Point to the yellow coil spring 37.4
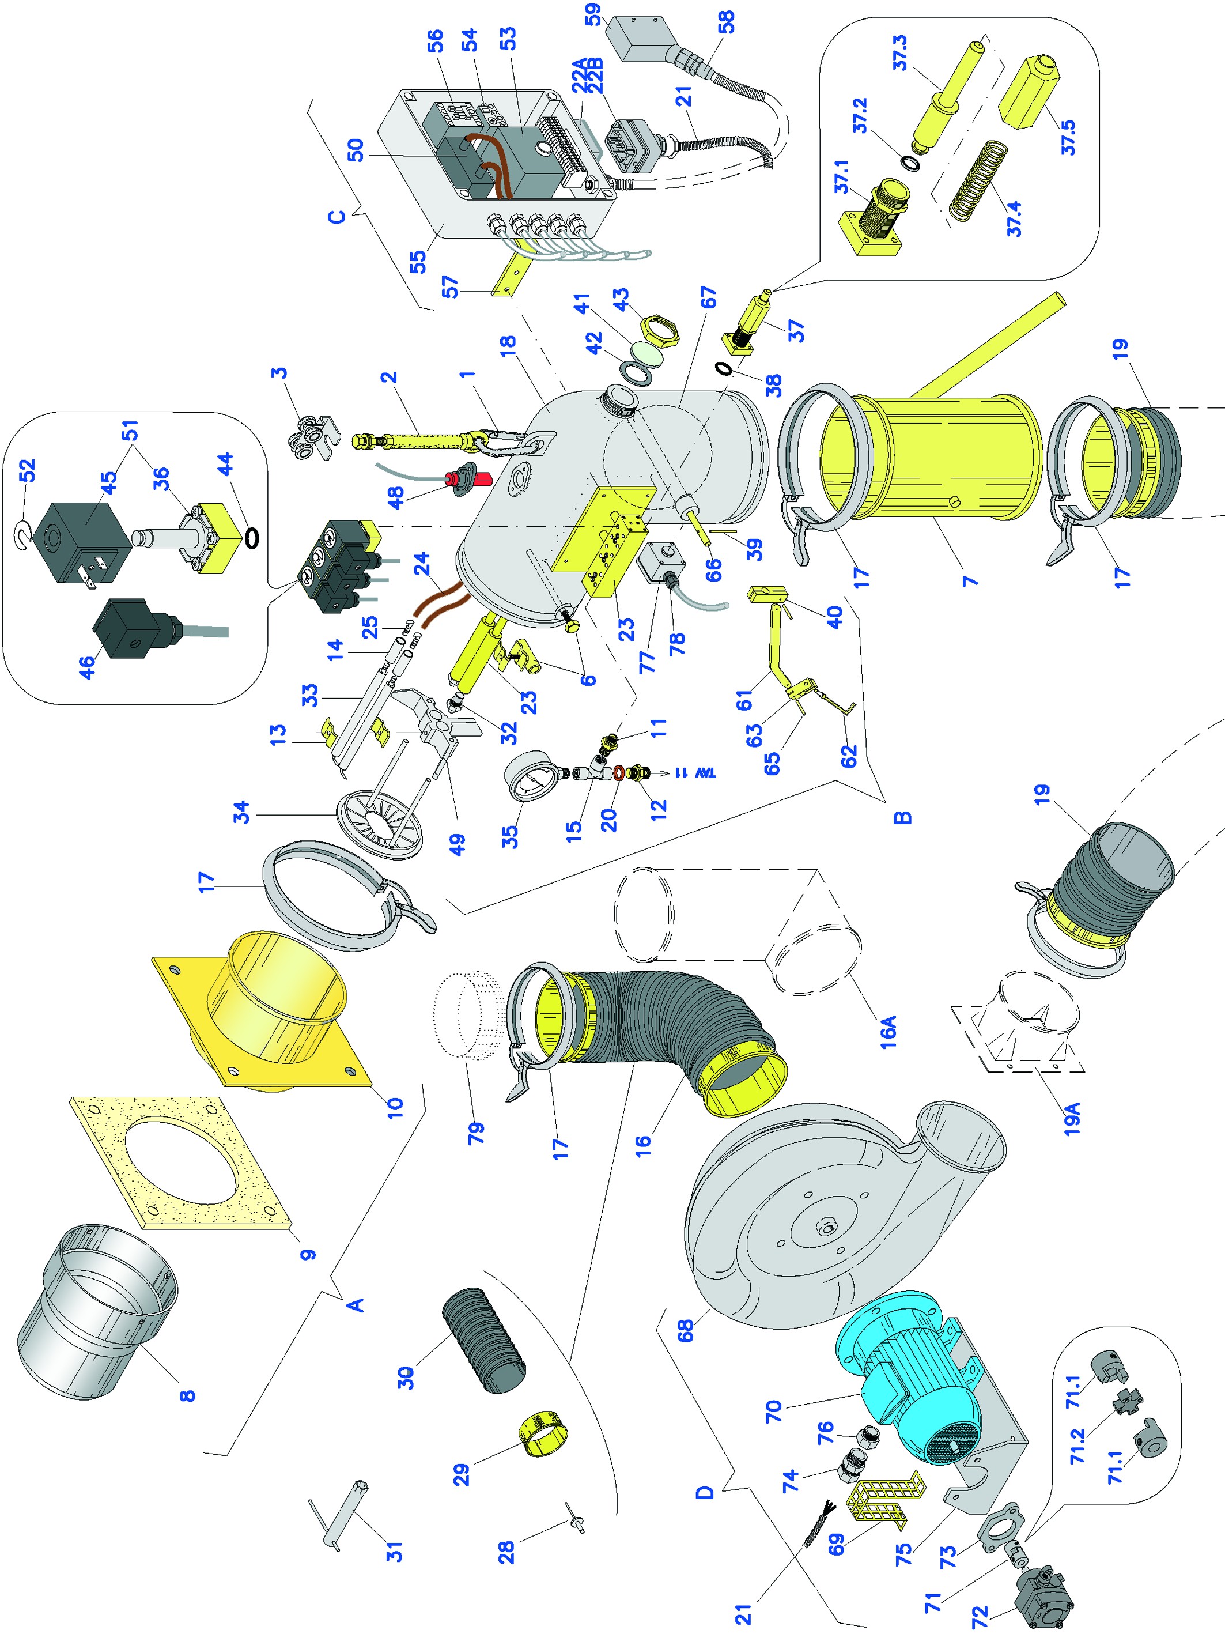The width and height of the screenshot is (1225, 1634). click(978, 181)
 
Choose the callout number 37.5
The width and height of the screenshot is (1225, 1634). click(1068, 137)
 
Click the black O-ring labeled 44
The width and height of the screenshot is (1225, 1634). click(252, 537)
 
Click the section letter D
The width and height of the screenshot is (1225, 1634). click(705, 1492)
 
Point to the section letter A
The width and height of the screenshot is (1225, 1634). click(355, 1304)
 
